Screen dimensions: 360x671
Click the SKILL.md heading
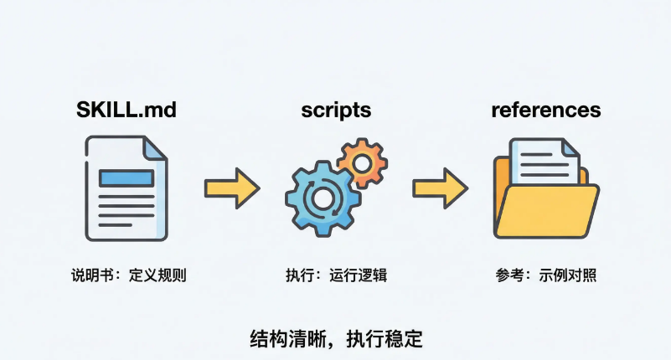pos(126,111)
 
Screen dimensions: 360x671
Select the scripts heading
pos(335,111)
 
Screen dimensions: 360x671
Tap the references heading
pos(545,111)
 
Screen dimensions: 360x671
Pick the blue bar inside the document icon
pos(126,177)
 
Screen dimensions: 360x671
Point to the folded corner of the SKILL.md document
pos(155,152)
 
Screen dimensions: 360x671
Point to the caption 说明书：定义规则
pos(127,275)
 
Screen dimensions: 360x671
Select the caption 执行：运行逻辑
pos(336,275)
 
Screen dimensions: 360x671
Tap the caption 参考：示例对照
pos(545,275)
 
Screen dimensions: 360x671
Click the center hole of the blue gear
pos(323,198)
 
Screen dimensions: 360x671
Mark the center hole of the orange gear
pos(362,160)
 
